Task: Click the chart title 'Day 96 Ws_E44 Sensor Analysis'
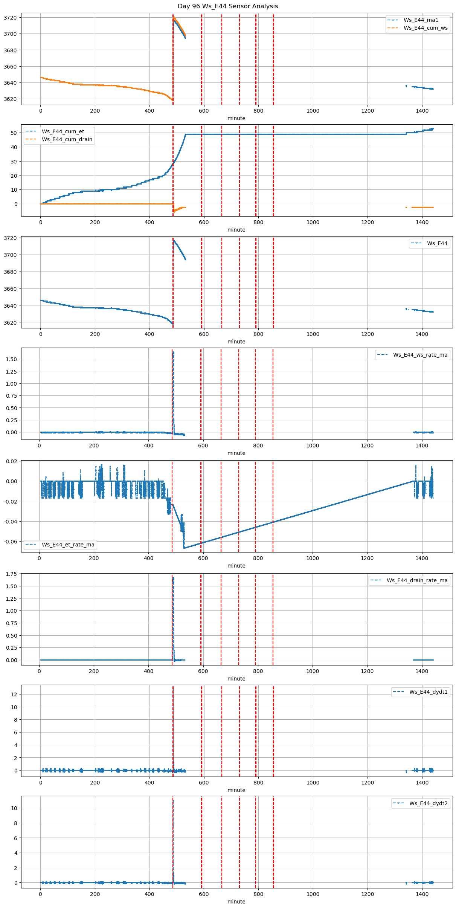(x=228, y=6)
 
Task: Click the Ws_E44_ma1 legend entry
(x=421, y=20)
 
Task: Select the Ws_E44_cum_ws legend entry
(x=425, y=28)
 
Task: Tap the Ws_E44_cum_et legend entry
(x=63, y=131)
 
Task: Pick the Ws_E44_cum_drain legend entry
(x=67, y=139)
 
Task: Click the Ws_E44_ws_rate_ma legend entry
(x=420, y=355)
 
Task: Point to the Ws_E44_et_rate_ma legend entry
(x=68, y=545)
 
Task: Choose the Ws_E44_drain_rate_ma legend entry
(x=417, y=580)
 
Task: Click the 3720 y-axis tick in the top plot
(x=10, y=18)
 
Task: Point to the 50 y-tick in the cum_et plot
(x=14, y=133)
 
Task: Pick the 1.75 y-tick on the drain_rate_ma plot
(x=11, y=574)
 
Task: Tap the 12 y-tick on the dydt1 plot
(x=14, y=694)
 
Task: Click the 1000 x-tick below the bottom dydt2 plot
(x=313, y=894)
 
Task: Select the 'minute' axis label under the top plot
(x=236, y=118)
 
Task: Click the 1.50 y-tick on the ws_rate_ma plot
(x=11, y=359)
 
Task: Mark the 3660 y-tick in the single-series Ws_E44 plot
(x=10, y=289)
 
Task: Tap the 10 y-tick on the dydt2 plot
(x=14, y=808)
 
